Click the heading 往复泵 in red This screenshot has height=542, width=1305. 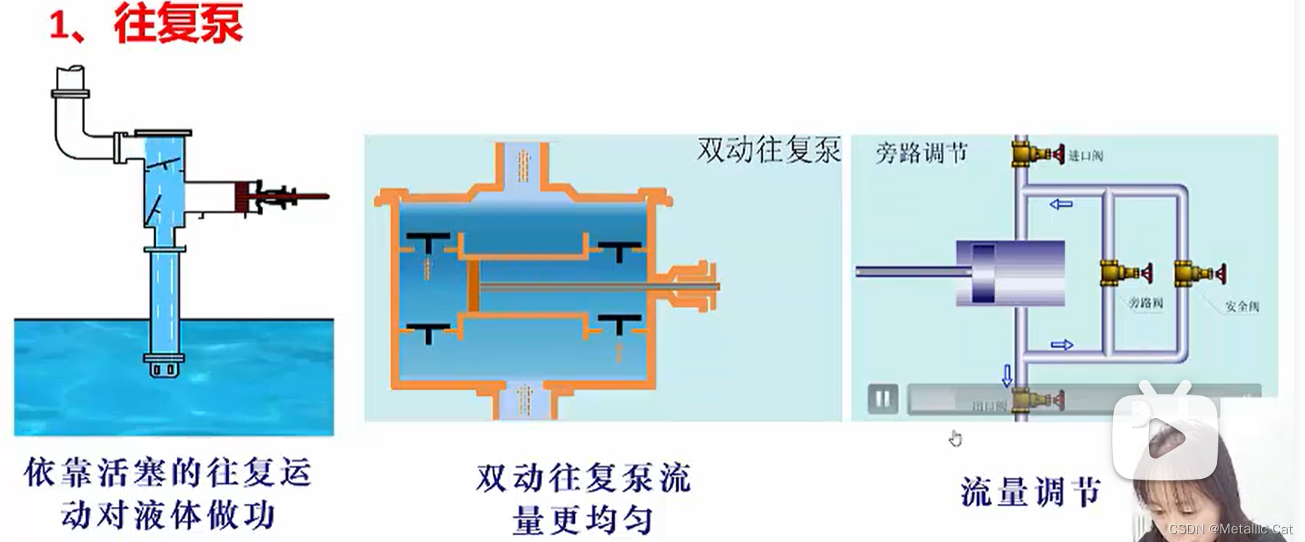coord(178,23)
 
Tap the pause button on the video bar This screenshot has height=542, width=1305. coord(882,399)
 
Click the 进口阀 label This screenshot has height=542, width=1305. coord(1085,156)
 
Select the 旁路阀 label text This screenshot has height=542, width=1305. coord(1145,303)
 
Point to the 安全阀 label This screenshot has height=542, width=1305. coord(1242,306)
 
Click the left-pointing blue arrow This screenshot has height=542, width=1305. coord(1061,204)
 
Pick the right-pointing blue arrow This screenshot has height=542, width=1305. coord(1062,345)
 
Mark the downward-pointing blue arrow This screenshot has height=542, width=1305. coord(1007,375)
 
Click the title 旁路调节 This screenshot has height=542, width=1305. coord(921,153)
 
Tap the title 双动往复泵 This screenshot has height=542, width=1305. coord(768,150)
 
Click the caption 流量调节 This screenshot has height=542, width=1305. coord(1030,492)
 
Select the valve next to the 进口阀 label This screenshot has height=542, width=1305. coord(1037,154)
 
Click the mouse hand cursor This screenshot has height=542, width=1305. coord(956,438)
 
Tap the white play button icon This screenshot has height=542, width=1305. coord(1165,437)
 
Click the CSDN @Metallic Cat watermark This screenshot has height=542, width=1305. coord(1230,530)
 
